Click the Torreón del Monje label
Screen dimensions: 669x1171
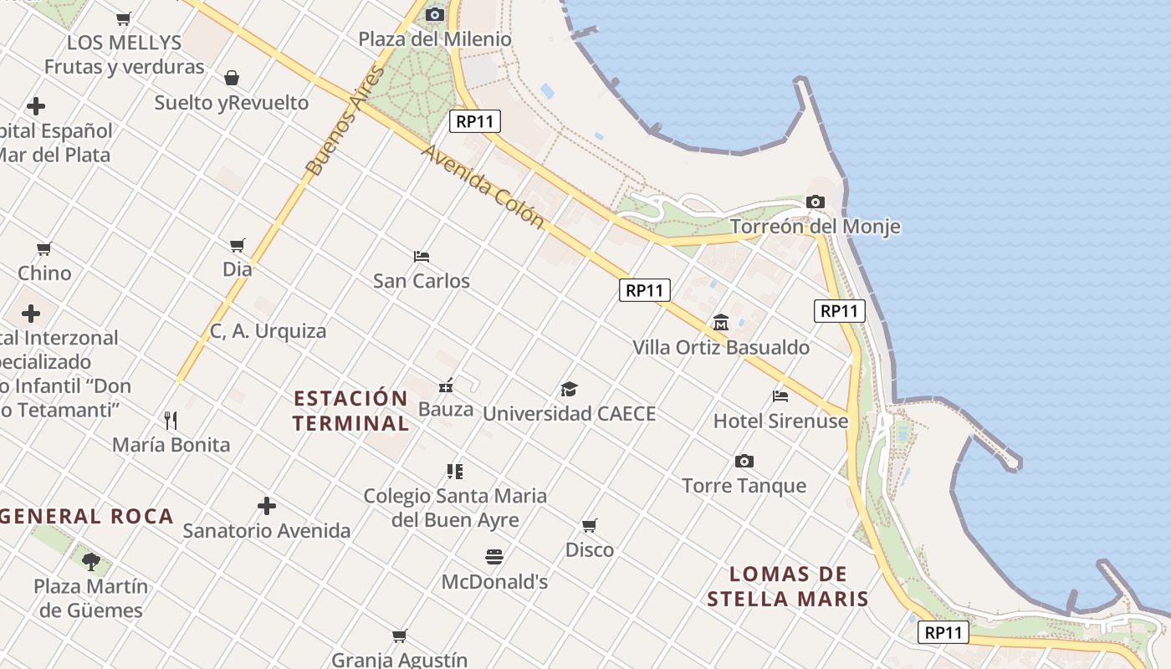815,227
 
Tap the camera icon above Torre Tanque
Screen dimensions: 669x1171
744,462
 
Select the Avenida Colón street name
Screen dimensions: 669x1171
483,186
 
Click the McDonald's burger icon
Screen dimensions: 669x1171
494,557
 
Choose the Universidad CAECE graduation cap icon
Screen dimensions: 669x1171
569,389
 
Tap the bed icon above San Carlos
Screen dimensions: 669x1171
422,256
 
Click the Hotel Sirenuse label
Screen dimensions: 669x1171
780,421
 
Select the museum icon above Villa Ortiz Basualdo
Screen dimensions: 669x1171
720,322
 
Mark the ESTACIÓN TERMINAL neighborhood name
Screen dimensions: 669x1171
351,411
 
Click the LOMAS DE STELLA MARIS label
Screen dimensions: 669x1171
788,586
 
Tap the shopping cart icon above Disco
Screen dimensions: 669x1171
590,525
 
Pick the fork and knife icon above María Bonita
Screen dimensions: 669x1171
171,420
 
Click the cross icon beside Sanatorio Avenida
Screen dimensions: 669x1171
267,506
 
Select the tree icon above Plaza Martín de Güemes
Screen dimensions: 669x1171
91,561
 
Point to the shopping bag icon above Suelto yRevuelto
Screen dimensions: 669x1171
232,78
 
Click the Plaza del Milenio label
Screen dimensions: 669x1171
435,39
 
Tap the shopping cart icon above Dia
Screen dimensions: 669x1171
238,245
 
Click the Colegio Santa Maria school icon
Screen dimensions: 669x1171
455,472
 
